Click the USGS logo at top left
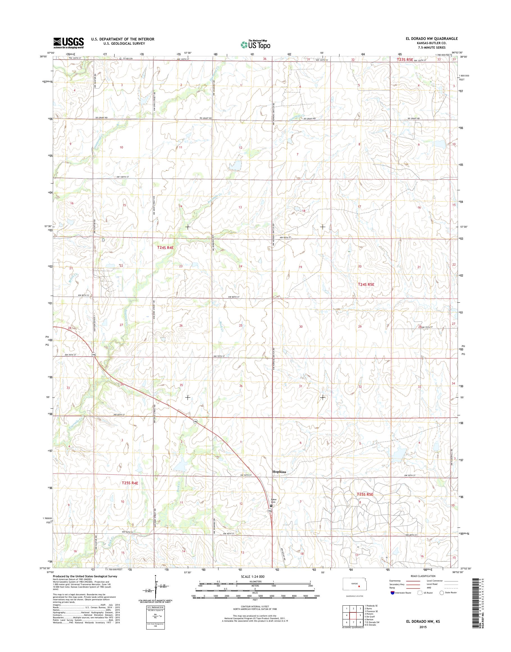tap(69, 43)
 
